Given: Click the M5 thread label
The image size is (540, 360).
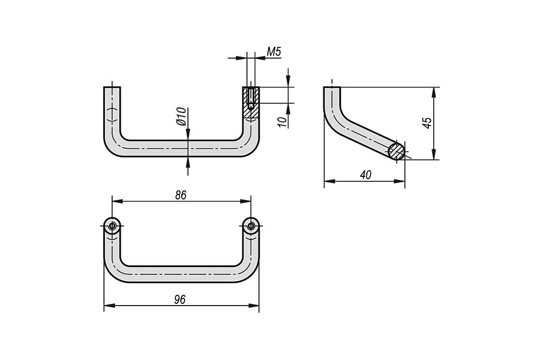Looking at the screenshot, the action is coord(274,52).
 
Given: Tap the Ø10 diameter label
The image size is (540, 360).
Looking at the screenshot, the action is coord(181,117).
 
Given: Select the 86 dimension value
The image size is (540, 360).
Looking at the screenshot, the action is coord(181,195).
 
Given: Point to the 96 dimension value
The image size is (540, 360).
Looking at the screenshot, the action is coord(180,300).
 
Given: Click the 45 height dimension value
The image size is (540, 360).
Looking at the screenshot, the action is coord(427,123).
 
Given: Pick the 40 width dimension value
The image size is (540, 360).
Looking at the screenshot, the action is coord(366,175).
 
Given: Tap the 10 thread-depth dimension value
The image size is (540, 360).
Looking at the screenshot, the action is coord(282,122).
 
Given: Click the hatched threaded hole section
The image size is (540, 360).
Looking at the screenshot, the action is coord(251,102).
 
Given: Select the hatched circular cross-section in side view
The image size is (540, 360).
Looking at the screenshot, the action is coord(396,152).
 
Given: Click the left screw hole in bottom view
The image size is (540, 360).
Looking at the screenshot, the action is coord(112,226).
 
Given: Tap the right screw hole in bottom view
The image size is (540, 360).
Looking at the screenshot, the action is coord(251,226).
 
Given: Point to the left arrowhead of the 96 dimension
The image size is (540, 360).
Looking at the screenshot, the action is coord(109,306).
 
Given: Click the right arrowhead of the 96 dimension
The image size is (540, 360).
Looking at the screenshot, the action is coord(254,306).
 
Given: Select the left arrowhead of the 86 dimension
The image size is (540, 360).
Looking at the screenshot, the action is coord(117,201).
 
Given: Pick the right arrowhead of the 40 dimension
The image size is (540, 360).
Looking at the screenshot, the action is coord(400,181).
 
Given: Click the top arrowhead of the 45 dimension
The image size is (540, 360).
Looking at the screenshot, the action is coord(434,92).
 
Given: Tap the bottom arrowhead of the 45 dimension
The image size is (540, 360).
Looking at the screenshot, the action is coord(434,154).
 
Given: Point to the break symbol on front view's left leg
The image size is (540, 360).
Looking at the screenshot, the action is coord(112,115).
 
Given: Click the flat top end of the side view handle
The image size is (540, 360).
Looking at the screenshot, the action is coord(332,87).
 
